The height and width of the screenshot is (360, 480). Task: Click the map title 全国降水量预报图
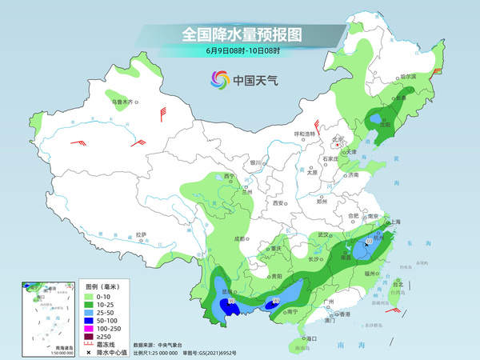[x=239, y=34]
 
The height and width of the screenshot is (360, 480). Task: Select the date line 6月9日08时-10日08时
[x=240, y=52]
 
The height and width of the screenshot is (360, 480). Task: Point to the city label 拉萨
[x=141, y=234]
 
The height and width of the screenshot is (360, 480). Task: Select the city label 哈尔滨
[x=408, y=77]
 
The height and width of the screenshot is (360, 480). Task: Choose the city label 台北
[x=398, y=282]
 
